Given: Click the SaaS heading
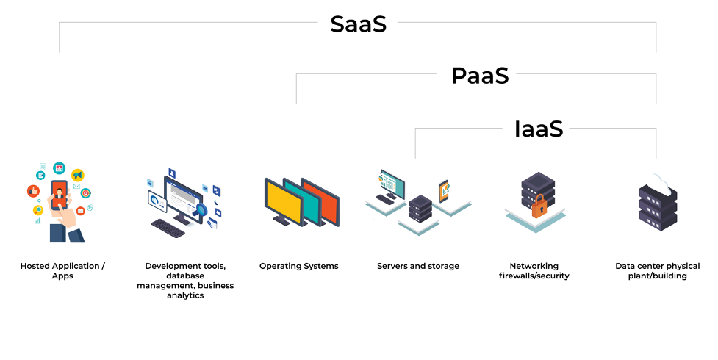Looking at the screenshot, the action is point(358,24).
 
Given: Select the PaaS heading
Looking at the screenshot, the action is point(480,76).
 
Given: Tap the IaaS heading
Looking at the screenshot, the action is point(539,129).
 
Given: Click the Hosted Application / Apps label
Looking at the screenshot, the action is point(62,270).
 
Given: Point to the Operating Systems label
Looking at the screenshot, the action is point(299,266).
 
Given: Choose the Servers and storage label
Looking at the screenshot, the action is point(418,266).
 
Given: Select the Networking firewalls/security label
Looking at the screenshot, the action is point(534,270).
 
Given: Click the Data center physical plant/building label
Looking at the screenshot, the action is point(658,270).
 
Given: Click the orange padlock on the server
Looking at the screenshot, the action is point(539,206).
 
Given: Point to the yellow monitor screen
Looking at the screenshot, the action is point(284,202).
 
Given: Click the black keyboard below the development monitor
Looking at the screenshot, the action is point(168,227).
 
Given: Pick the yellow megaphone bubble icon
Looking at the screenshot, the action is point(78,175).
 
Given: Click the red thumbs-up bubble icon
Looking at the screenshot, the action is point(33,191).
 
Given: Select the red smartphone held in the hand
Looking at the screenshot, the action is point(59,195).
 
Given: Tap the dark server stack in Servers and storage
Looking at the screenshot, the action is point(420,209).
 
